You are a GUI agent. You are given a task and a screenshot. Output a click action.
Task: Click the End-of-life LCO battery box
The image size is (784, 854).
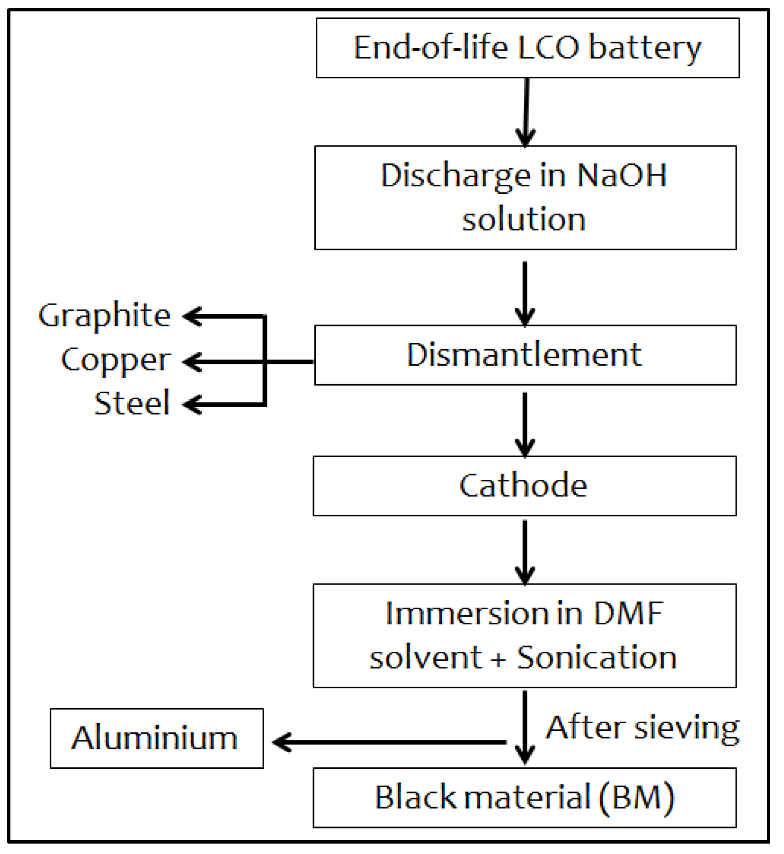coord(527,48)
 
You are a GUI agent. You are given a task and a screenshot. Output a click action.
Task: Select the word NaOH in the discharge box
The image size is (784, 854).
coord(621,176)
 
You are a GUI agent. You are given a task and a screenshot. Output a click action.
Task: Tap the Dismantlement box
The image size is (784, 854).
coord(525,355)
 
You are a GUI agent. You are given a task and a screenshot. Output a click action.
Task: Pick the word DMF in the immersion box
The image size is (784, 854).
coord(628,613)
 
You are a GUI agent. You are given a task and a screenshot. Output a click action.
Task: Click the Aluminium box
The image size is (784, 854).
coord(156,738)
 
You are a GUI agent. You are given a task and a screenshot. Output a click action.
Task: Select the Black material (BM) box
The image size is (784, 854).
coord(524,797)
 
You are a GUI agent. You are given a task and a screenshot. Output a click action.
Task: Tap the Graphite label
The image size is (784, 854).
coord(105,315)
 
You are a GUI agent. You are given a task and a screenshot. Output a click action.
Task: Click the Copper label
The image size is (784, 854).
coord(116,360)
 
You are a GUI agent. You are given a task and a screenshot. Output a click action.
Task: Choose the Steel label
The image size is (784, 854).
coord(132,403)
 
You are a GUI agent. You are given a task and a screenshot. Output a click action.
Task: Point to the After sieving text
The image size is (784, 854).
coord(642,728)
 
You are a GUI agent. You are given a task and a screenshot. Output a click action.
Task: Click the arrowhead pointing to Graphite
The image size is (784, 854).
coord(192,316)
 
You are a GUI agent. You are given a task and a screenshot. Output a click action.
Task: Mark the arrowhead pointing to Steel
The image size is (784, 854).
coord(192,405)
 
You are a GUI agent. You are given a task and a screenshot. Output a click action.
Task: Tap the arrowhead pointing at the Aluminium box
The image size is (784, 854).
coord(282,742)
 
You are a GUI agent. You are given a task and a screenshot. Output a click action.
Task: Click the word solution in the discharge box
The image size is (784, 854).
coord(524,220)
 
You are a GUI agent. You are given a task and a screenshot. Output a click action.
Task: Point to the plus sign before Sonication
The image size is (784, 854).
coord(498,659)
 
